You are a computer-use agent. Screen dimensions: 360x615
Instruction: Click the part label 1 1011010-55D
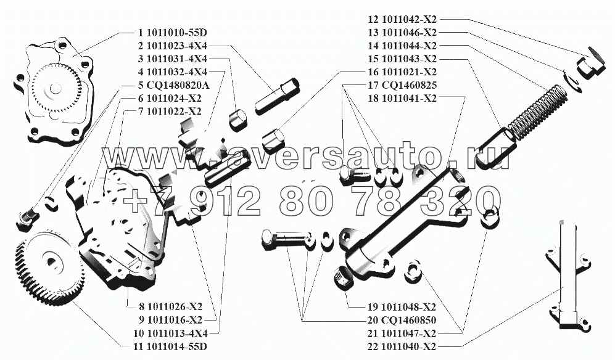click(x=173, y=32)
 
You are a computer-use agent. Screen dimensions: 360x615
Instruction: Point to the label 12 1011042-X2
click(x=403, y=19)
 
